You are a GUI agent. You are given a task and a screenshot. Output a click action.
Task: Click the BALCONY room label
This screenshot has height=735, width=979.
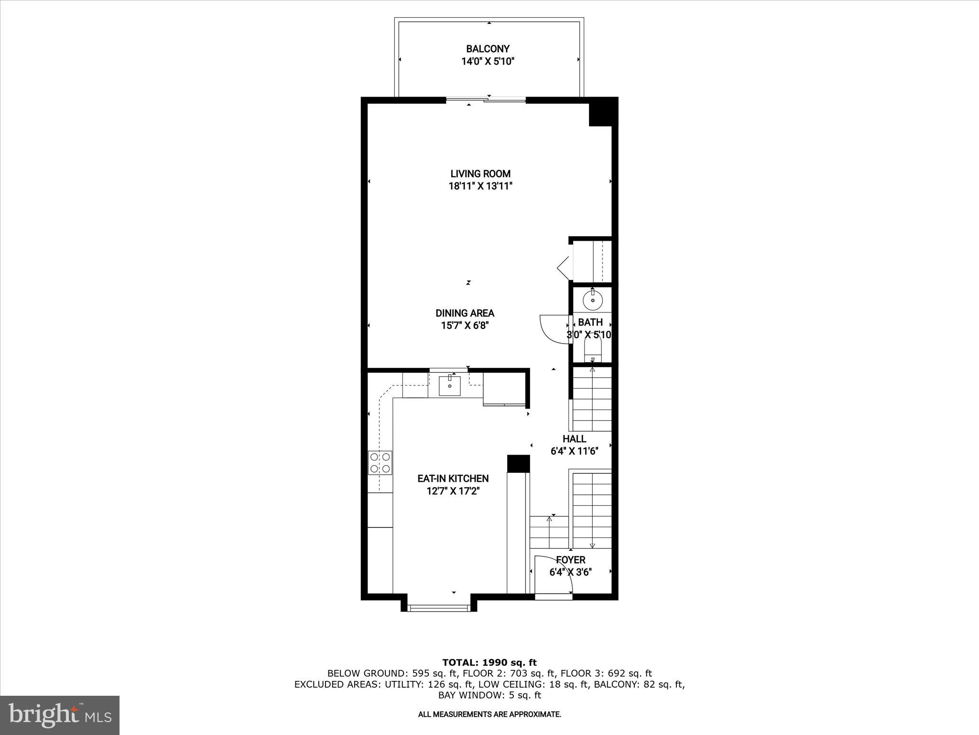tap(488, 49)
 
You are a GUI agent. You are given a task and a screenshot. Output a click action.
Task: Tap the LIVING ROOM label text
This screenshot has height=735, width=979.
tap(480, 174)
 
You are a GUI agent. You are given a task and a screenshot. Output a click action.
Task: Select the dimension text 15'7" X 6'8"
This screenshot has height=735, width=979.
tap(465, 326)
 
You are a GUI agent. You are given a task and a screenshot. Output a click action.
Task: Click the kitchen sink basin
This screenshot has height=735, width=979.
tap(450, 386)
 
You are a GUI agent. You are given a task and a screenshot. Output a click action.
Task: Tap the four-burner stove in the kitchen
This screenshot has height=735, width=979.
tap(380, 463)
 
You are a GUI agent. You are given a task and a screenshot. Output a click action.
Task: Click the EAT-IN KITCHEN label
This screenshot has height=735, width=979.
tap(453, 479)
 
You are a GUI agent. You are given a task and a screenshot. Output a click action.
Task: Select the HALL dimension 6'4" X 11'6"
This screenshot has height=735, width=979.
tap(574, 451)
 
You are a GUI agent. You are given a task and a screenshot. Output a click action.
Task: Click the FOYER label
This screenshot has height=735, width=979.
tap(570, 560)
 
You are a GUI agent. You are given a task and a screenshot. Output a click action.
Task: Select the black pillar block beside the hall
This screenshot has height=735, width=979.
tap(519, 463)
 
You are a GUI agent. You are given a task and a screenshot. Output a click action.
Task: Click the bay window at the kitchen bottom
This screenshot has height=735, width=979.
tap(438, 608)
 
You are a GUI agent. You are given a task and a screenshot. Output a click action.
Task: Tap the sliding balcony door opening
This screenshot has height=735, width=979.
tap(486, 100)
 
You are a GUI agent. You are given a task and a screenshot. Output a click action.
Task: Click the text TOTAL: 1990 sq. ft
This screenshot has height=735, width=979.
tap(489, 663)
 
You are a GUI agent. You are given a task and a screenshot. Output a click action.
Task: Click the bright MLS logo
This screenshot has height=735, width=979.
tap(60, 715)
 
